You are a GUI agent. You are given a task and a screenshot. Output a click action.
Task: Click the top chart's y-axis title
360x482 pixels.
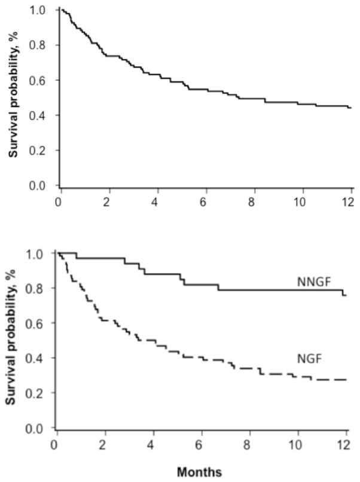[x=12, y=96]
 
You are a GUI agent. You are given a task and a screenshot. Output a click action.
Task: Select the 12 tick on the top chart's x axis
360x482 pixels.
[x=350, y=200]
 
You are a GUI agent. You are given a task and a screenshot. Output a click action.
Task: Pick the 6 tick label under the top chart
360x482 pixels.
[x=205, y=200]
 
